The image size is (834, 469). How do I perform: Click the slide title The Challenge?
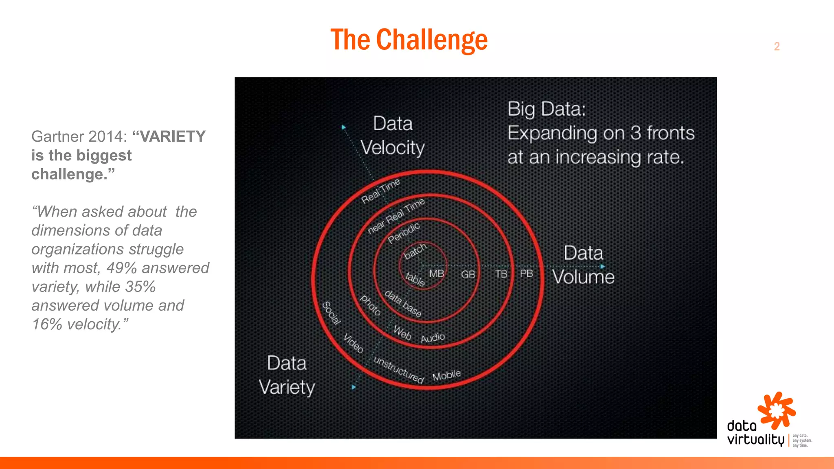pos(409,40)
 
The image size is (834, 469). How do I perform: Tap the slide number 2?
pos(777,46)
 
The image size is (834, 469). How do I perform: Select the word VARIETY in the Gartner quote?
pos(173,136)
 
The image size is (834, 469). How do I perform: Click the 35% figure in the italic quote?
pos(140,287)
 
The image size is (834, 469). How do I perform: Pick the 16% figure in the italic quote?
pos(47,324)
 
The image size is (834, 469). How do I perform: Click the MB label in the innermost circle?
pos(437,274)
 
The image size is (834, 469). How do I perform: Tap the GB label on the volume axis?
pos(468,274)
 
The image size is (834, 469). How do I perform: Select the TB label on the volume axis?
pos(501,274)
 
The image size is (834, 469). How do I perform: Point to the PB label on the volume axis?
pos(526,273)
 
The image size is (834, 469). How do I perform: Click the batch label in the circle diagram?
pos(415,251)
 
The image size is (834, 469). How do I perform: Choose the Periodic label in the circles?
pos(404,233)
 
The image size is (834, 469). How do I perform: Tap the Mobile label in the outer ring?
pos(446,375)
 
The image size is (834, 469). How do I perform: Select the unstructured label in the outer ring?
pos(399,370)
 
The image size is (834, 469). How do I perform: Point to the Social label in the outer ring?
pos(331,313)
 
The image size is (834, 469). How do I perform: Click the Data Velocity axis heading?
pos(393,135)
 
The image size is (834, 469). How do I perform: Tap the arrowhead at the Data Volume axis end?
pos(603,267)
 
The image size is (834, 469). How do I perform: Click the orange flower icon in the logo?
pos(776,410)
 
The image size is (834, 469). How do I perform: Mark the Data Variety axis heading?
pos(287,375)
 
